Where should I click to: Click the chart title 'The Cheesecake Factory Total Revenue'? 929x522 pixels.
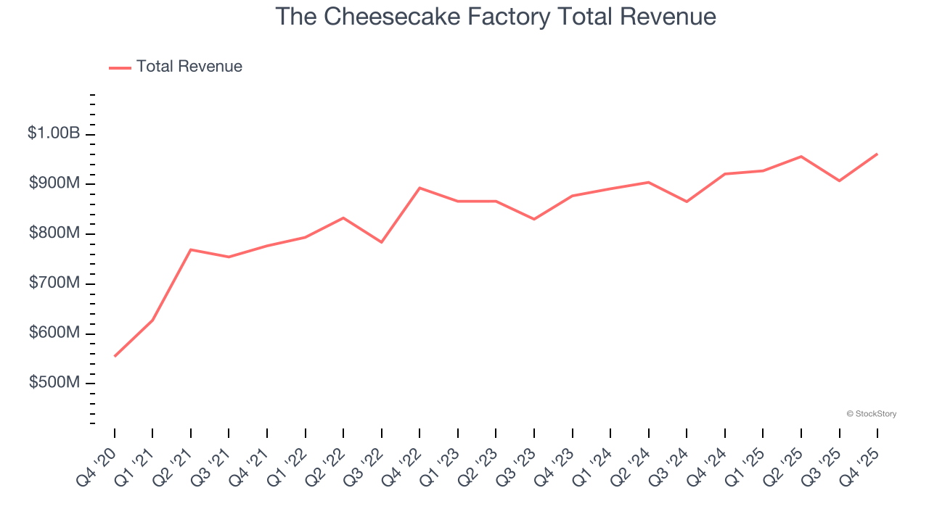496,17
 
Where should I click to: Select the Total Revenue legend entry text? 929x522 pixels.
189,67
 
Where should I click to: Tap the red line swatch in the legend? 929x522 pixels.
120,67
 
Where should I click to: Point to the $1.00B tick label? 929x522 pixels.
54,133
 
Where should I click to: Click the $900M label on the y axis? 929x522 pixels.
54,183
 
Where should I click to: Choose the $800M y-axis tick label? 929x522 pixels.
54,233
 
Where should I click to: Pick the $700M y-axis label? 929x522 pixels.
54,283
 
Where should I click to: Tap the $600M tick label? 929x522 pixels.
54,333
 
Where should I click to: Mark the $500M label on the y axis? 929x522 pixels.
54,382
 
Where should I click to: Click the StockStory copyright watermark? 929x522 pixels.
871,414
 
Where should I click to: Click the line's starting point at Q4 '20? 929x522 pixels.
115,356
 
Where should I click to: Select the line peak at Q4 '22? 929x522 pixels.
420,188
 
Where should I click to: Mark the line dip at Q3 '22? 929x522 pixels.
382,242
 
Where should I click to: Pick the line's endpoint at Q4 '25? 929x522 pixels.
877,154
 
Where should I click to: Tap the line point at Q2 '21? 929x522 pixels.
191,249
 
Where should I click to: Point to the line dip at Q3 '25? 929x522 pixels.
839,181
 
